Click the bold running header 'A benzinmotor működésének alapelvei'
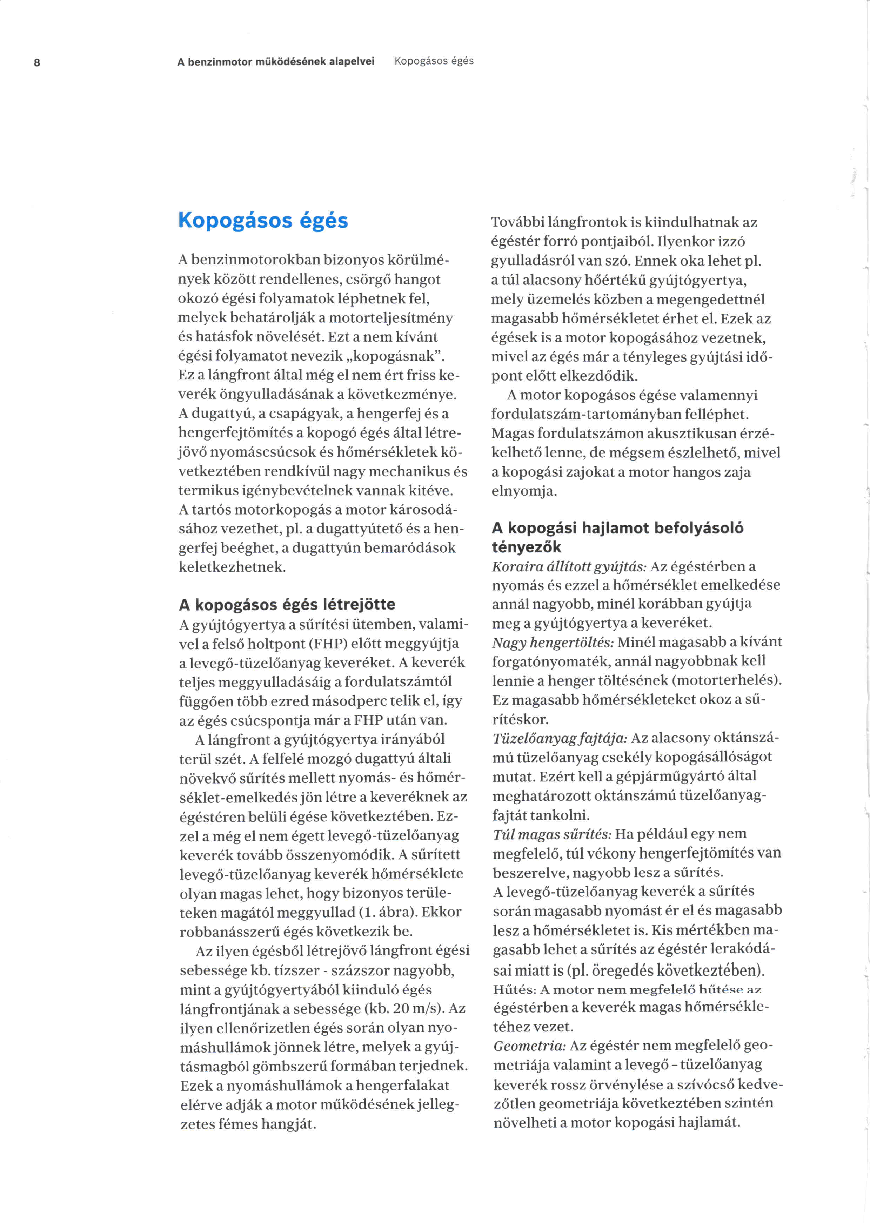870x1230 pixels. (275, 62)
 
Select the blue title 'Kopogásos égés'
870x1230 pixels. (263, 220)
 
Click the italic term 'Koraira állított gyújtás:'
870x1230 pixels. (569, 566)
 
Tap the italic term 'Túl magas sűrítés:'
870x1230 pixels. (552, 834)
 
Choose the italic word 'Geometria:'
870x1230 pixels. (529, 1046)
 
